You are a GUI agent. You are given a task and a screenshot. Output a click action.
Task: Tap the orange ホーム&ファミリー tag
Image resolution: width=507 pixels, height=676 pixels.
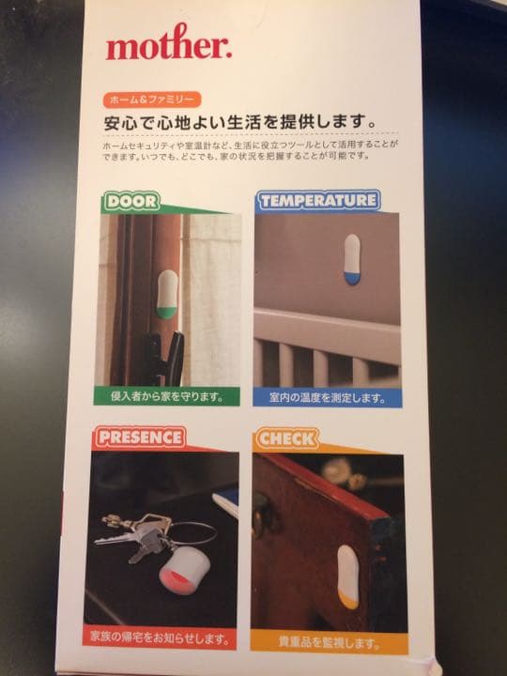tap(151, 100)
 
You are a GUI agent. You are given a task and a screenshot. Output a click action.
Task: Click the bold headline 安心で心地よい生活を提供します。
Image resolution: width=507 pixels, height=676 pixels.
tap(240, 123)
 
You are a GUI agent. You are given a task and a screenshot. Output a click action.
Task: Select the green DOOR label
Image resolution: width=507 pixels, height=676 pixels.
tap(132, 201)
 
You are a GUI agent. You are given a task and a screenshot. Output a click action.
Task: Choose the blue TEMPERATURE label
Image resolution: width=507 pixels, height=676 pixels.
tap(318, 200)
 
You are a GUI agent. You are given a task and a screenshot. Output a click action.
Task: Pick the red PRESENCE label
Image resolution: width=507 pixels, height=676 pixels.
tap(140, 438)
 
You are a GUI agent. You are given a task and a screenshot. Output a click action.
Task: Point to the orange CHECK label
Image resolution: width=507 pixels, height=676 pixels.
tap(287, 438)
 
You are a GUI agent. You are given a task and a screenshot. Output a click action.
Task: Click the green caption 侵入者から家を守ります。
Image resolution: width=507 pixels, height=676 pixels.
tap(166, 396)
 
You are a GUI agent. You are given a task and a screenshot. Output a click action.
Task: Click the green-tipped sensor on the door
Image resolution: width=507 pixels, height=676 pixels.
tap(165, 294)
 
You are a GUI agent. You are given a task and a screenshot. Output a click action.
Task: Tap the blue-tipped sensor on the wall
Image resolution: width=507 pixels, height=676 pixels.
tap(351, 260)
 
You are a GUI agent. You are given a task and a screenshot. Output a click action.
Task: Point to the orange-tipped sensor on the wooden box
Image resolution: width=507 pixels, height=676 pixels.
tap(346, 576)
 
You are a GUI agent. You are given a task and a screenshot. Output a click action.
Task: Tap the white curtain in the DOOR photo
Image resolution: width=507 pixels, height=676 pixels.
tap(214, 291)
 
